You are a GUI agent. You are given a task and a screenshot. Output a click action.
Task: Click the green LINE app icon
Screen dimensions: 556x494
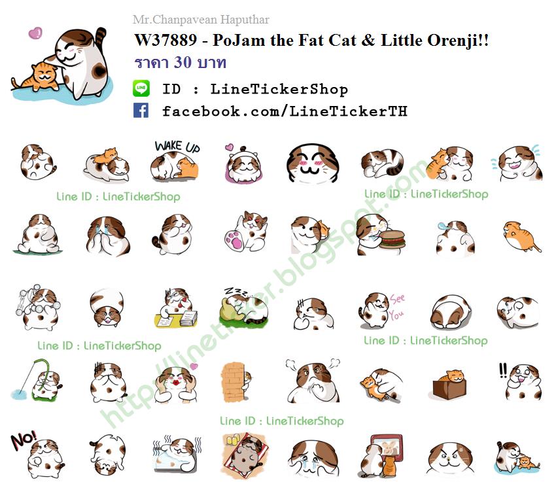pyautogui.click(x=141, y=88)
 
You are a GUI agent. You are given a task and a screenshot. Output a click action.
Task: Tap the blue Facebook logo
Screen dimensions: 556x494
pyautogui.click(x=141, y=111)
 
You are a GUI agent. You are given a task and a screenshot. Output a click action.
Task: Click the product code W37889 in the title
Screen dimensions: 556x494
pyautogui.click(x=165, y=40)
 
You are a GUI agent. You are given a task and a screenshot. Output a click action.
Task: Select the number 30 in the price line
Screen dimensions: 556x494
pyautogui.click(x=182, y=62)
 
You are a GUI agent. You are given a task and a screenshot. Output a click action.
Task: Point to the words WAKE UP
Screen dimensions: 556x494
pyautogui.click(x=177, y=146)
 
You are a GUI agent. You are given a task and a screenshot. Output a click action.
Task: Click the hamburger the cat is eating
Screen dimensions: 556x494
pyautogui.click(x=392, y=239)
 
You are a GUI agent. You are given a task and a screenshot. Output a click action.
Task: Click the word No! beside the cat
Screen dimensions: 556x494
pyautogui.click(x=24, y=440)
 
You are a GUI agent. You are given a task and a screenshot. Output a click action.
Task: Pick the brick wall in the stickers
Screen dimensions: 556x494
pyautogui.click(x=232, y=382)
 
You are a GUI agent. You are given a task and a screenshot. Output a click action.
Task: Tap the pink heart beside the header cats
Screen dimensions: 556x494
pyautogui.click(x=35, y=33)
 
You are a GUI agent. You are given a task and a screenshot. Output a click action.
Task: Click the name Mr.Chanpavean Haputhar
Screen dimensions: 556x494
pyautogui.click(x=201, y=19)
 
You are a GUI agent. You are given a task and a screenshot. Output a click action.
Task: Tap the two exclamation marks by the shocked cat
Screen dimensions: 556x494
pyautogui.click(x=503, y=370)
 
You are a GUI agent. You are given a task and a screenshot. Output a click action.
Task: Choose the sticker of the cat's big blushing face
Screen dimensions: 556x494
pyautogui.click(x=313, y=164)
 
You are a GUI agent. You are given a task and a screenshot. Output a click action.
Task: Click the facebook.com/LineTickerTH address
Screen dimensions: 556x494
pyautogui.click(x=285, y=111)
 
